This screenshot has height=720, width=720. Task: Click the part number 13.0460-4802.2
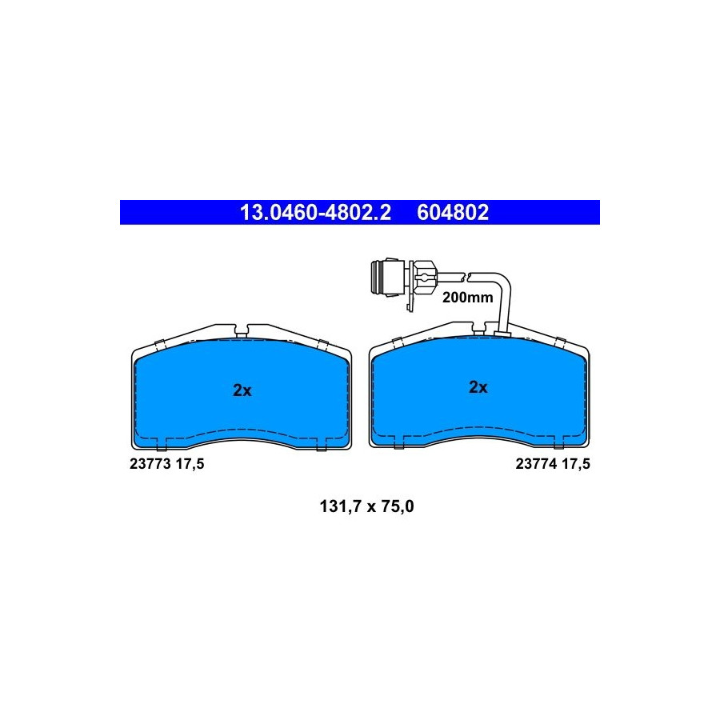coord(315,213)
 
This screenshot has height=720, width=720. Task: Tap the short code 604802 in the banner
coord(453,213)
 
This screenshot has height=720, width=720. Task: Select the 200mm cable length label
coord(467,298)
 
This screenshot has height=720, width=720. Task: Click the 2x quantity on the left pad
coord(242,390)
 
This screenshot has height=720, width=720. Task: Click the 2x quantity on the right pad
coord(478,387)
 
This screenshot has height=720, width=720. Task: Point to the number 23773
coord(150,464)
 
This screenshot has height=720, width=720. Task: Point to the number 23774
coord(536,464)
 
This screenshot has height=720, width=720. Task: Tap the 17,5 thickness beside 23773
coord(190,464)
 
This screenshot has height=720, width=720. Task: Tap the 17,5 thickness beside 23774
coord(576,464)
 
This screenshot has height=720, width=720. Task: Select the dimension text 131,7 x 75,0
coord(366,506)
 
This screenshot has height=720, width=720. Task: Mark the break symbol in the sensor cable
coord(465,277)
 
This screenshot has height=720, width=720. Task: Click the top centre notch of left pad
coord(241,330)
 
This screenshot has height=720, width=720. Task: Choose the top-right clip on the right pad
coord(560,342)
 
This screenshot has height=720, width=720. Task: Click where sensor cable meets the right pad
coord(502,332)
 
